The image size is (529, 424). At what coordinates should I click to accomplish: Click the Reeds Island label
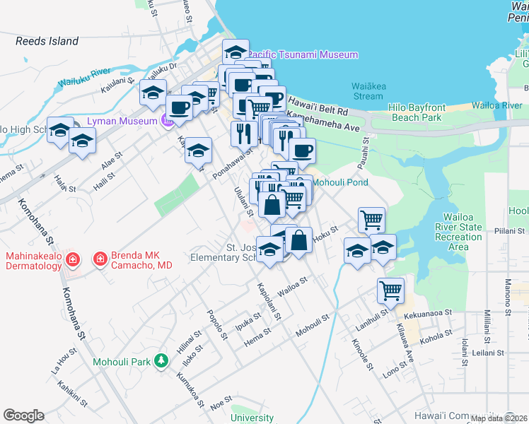47,41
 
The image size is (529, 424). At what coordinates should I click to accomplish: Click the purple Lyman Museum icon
168,122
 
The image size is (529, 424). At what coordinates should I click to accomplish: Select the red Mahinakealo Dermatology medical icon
71,261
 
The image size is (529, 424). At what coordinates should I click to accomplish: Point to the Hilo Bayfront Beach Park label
415,112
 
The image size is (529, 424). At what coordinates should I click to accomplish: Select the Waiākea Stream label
367,91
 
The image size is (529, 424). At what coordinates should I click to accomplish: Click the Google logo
23,416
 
